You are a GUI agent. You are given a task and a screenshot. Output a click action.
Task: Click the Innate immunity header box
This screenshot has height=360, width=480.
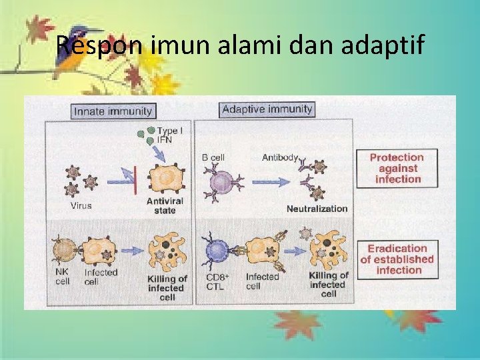tap(113, 111)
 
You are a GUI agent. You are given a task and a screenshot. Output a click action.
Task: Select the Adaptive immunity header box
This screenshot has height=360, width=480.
tap(267, 109)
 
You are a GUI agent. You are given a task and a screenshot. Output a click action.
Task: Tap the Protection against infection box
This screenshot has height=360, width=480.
tap(397, 168)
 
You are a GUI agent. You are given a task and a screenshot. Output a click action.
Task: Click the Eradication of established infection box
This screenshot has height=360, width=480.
tap(397, 259)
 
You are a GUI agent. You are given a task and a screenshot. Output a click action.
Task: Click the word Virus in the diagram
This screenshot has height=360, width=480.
tap(81, 206)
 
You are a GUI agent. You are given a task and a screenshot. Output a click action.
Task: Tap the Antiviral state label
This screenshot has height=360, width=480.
tap(165, 206)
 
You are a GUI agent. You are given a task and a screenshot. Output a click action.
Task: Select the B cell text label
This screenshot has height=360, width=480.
tap(213, 158)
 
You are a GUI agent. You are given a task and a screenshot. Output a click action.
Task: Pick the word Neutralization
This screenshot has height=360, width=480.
tap(317, 209)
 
